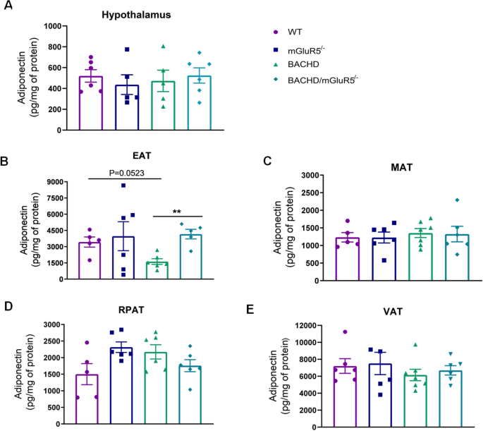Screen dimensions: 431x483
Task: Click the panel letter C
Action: point(267,161)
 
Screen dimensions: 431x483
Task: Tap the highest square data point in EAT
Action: point(123,186)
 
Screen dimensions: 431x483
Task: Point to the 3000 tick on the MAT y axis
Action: point(300,176)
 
